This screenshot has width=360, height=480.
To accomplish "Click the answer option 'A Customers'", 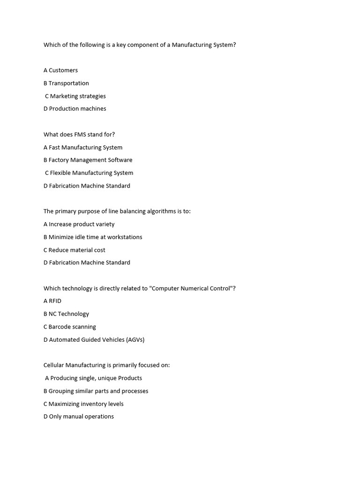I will coord(61,70).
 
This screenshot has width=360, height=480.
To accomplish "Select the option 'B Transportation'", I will coord(66,83).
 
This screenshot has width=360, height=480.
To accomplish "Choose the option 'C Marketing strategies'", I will coord(75,96).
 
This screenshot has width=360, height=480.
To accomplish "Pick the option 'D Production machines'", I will coord(75,109).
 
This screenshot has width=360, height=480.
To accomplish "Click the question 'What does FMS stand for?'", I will coord(79,135).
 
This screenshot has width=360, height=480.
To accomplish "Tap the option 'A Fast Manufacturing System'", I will coord(83,147).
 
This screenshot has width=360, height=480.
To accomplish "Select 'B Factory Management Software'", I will coord(88,160).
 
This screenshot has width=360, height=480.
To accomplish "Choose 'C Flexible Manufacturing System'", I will coord(89,173).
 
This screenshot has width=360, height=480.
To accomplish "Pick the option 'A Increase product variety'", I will coord(79,224).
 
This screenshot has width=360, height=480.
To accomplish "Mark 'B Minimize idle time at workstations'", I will coord(93,237).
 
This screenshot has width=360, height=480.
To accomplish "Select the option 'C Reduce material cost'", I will coord(75,250).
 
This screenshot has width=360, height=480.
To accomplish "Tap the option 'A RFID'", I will coord(52,301).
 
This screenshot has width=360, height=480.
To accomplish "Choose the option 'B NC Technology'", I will coord(66,314).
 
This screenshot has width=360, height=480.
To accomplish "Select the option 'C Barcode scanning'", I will coord(70,327).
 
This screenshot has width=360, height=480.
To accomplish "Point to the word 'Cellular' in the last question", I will coord(53,365).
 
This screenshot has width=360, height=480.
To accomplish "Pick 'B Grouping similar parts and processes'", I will coord(96,391).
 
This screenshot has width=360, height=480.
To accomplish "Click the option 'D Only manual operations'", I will coord(79,416).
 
